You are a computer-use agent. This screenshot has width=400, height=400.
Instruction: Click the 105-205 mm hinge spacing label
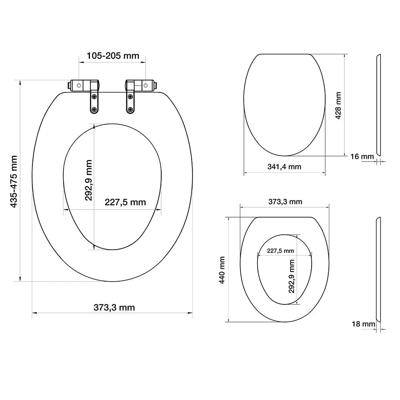[113, 56]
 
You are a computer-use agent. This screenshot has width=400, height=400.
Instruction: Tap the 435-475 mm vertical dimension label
[14, 181]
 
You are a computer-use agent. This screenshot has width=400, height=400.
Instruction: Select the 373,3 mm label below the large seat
[114, 308]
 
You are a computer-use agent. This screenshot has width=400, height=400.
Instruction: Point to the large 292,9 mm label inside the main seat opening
[88, 180]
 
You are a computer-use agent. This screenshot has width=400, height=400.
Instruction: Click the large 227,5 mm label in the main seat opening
[125, 202]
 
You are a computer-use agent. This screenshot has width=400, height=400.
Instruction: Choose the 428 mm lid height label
[338, 105]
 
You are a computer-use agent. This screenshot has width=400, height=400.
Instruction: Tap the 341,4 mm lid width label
[284, 167]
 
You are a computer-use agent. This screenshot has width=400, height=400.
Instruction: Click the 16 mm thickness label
[362, 156]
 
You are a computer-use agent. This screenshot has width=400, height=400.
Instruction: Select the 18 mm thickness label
[363, 324]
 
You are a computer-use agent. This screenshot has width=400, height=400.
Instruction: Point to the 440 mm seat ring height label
[222, 270]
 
